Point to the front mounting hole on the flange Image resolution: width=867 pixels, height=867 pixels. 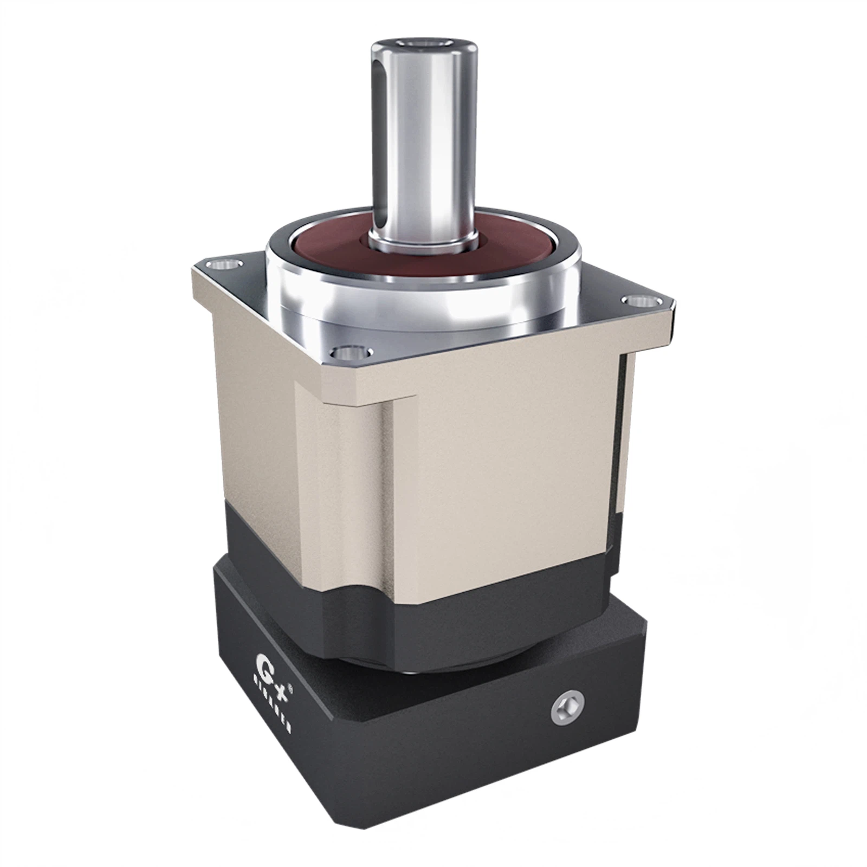coord(353,353)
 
